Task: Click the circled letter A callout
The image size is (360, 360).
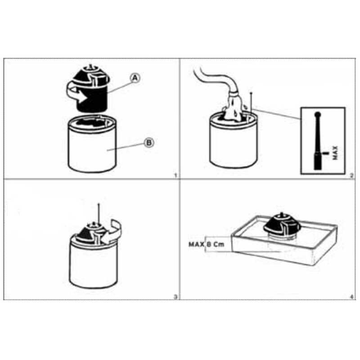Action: [135, 78]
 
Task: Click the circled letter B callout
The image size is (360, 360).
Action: [149, 143]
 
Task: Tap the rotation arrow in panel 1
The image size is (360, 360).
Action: [76, 94]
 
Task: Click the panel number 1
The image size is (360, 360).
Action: [175, 175]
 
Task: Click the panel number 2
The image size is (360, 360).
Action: [352, 176]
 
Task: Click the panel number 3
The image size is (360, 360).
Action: [175, 297]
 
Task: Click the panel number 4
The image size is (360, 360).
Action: [352, 297]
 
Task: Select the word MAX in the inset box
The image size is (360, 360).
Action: [335, 153]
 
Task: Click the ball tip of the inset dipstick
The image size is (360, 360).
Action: [318, 114]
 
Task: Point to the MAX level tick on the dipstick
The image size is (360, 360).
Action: [325, 153]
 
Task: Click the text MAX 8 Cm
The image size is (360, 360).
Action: [207, 244]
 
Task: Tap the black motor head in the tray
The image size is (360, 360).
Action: [282, 225]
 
